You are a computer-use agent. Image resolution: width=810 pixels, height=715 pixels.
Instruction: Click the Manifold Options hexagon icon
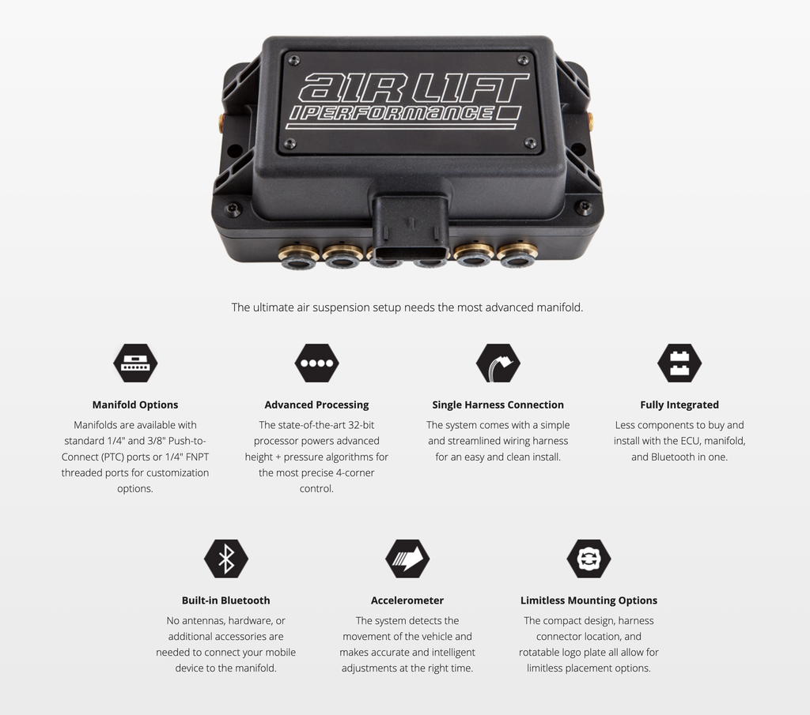coord(135,363)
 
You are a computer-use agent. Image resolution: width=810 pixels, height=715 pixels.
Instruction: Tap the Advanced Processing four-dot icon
coord(316,363)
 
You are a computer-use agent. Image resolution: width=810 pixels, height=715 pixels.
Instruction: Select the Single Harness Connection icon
coord(498,363)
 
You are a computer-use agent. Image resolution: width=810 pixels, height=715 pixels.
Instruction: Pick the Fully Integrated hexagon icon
coord(679,363)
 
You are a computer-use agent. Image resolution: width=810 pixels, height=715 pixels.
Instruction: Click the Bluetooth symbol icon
coord(226,559)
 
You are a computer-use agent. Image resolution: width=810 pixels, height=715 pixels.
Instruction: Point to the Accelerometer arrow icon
coord(407,559)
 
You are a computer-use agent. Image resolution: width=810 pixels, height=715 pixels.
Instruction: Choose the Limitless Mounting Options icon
coord(589,559)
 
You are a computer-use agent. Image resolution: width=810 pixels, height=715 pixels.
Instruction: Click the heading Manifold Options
coord(135,405)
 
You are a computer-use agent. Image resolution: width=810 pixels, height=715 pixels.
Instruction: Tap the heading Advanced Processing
coord(316,405)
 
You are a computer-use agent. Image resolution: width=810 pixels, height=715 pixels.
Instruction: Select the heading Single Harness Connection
coord(498,405)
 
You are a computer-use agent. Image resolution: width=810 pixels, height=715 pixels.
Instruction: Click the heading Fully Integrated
coord(679,405)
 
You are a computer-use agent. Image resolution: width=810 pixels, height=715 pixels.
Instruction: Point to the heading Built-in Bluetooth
coord(225,600)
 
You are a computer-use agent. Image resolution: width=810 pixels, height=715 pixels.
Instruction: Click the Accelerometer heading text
coord(407,600)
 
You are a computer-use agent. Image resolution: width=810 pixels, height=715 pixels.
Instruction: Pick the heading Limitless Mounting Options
coord(589,600)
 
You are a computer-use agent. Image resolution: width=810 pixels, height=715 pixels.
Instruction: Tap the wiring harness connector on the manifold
coord(411,227)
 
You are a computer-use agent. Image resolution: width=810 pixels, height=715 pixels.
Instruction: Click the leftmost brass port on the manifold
coord(298,257)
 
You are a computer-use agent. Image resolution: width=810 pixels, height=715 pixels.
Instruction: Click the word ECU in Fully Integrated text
coord(690,441)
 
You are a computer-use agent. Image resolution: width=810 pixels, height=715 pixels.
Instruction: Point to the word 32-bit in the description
coord(361,425)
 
